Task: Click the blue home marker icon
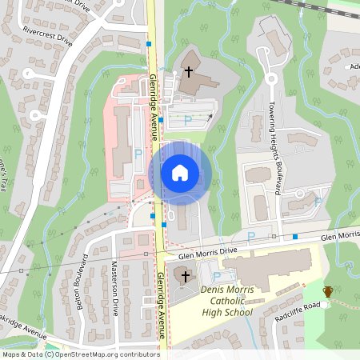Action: (x=179, y=172)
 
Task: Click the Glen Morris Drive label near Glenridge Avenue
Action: (x=208, y=252)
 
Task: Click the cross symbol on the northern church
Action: (x=189, y=71)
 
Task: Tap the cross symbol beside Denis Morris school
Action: (x=186, y=277)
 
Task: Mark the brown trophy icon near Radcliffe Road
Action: (x=327, y=292)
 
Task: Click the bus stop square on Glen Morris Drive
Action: (x=295, y=237)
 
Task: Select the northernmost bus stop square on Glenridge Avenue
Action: (x=149, y=44)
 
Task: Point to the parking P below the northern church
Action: (x=188, y=120)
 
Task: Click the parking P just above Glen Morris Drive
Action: (x=250, y=236)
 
